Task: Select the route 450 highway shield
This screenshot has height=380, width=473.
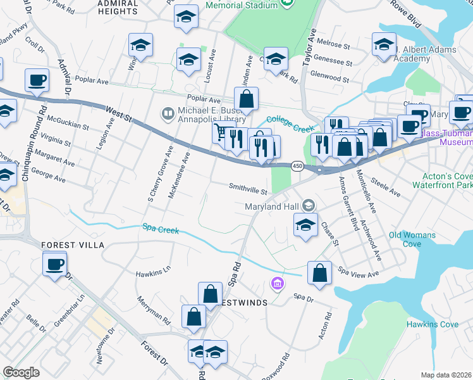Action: pos(297,166)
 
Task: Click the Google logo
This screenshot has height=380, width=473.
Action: pos(21,372)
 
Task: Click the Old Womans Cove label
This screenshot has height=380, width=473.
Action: pos(414,239)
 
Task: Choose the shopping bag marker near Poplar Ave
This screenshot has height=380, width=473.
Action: pos(246,99)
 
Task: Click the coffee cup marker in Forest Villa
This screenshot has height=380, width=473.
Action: pos(55,263)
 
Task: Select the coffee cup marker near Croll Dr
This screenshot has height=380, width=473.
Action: pos(37,80)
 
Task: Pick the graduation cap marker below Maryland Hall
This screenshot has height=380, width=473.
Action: pos(305,225)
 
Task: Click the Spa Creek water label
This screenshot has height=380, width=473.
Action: pos(161,229)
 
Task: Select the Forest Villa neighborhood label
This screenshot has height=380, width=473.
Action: pos(72,245)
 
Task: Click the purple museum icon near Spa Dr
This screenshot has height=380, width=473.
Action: pos(276,284)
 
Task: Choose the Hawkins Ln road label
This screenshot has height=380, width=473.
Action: pos(153,273)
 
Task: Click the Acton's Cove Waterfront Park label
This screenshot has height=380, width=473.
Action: pos(443,180)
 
